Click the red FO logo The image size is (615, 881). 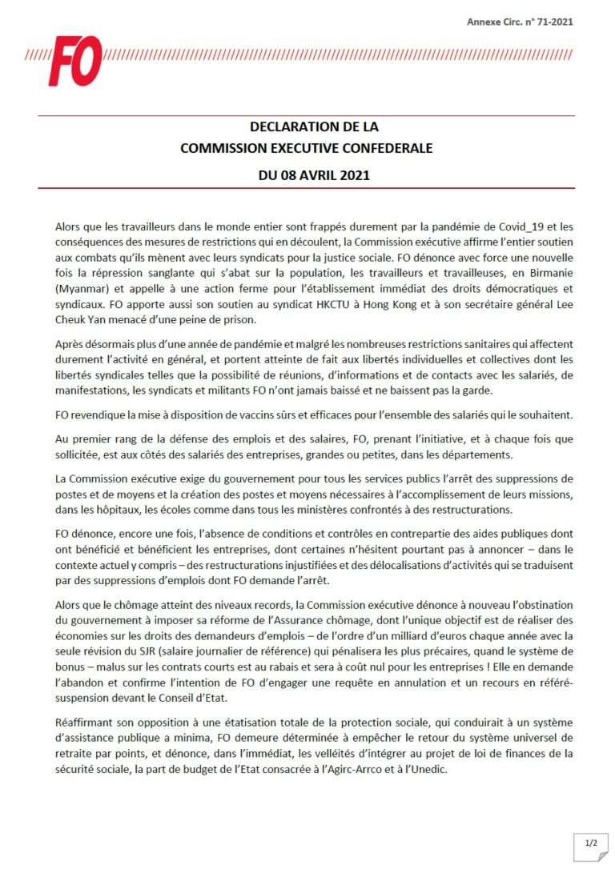(74, 60)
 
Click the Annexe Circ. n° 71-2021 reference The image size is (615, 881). (519, 22)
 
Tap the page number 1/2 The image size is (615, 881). (591, 843)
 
